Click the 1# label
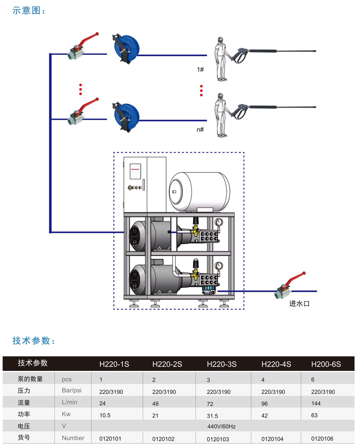(x=201, y=69)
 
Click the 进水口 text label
(x=300, y=304)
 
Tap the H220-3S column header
(x=222, y=364)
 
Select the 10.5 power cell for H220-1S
(x=105, y=415)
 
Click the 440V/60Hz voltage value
(x=222, y=426)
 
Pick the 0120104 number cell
(x=271, y=438)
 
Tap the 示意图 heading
(x=28, y=11)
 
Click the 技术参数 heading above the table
(x=34, y=341)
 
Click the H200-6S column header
(x=326, y=364)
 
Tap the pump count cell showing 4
(x=264, y=380)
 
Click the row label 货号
(x=24, y=438)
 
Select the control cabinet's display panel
(x=134, y=182)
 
